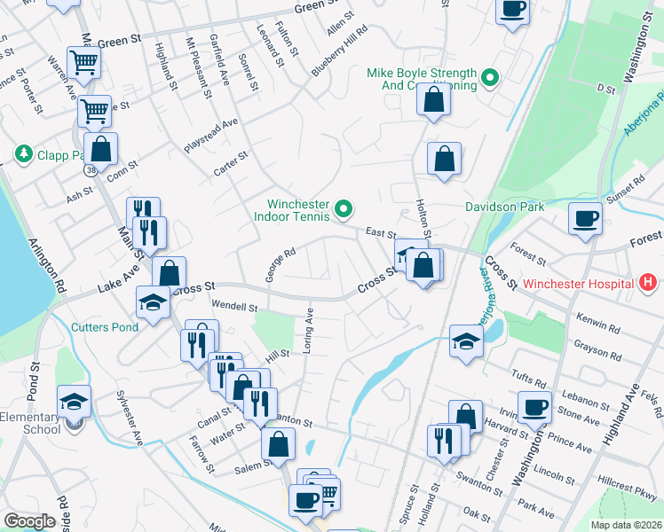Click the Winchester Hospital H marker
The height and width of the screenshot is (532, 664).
click(x=649, y=284)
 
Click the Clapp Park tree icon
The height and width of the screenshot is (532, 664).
click(x=23, y=154)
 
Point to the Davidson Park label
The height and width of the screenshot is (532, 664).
click(x=504, y=207)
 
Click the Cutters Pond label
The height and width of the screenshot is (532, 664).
click(x=105, y=326)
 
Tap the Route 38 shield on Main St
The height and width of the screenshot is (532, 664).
click(x=91, y=168)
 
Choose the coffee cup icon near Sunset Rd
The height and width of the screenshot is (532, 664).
click(x=585, y=217)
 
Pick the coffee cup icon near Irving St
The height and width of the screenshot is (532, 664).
click(x=534, y=407)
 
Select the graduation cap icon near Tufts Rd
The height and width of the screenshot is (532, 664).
click(x=466, y=340)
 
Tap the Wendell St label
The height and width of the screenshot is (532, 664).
click(x=234, y=307)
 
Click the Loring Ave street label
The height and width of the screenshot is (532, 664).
click(x=309, y=330)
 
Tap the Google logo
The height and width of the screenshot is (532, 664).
click(x=29, y=521)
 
